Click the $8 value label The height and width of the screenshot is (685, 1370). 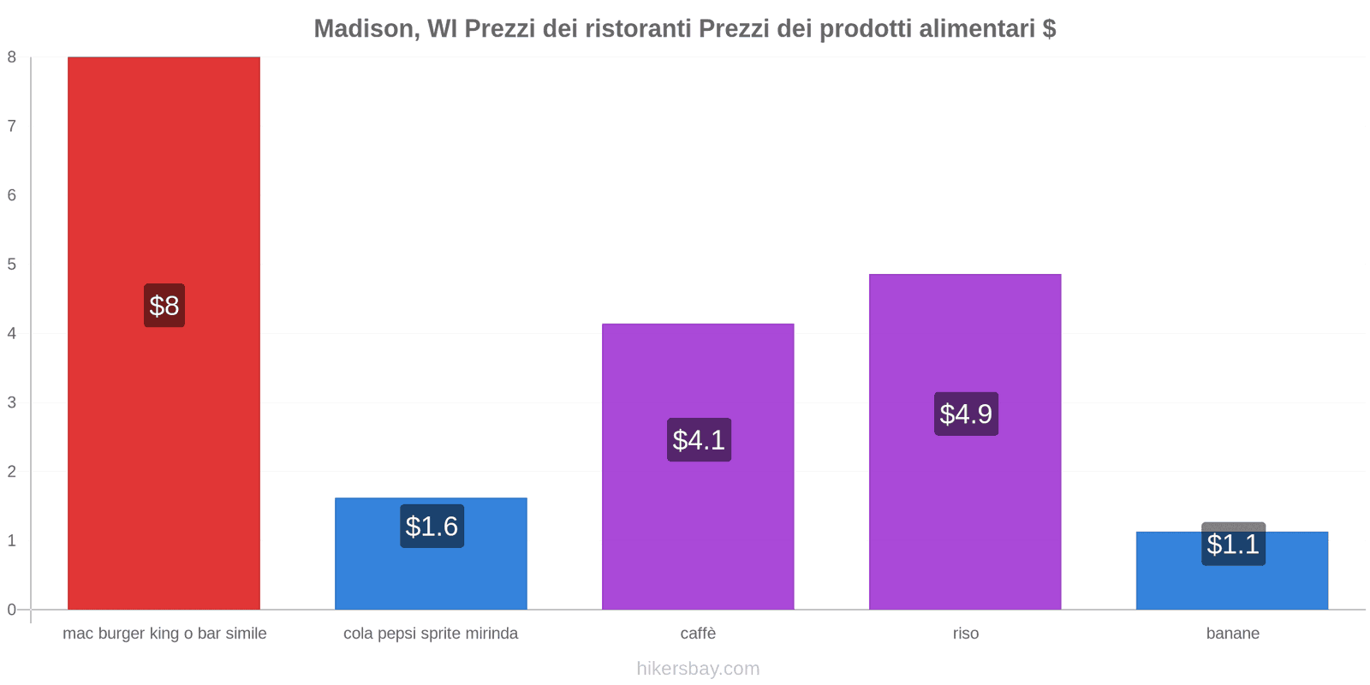coord(164,306)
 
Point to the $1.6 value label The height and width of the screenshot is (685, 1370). coord(432,526)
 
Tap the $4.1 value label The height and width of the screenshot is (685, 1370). coord(699,440)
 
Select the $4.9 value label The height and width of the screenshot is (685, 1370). coord(966,414)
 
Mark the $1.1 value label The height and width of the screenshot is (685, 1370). coord(1233,544)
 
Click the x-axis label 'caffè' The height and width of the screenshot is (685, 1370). coord(698,634)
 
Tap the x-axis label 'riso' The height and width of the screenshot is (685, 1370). coord(965,634)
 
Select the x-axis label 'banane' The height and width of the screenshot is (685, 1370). coord(1232,634)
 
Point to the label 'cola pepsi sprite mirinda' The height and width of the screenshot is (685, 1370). coord(431,634)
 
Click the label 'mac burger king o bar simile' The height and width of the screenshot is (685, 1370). coord(164,634)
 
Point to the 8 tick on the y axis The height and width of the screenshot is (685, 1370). coord(12,57)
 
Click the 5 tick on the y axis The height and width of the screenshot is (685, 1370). coord(12,265)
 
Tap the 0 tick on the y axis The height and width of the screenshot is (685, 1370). coord(12,610)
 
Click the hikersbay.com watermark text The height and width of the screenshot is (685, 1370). coord(698,669)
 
